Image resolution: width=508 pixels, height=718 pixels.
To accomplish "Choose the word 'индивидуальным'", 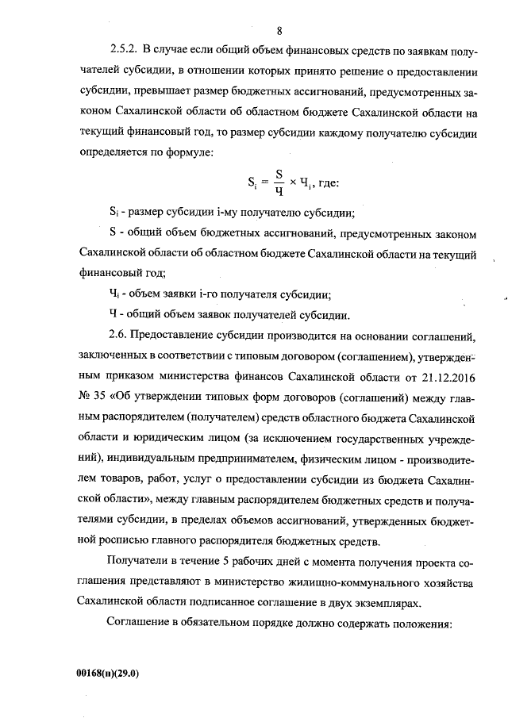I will (126, 460).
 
